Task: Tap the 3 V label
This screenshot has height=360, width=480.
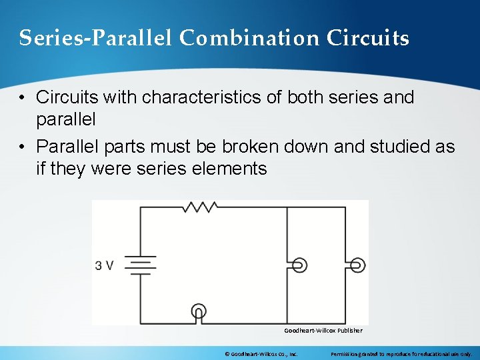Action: [105, 266]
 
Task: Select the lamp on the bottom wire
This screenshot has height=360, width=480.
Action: [198, 311]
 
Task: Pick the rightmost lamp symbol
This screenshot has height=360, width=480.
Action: [358, 265]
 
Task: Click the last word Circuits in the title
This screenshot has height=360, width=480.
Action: [368, 39]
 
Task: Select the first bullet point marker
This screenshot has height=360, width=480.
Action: [23, 97]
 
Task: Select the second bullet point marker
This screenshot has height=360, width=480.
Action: [23, 146]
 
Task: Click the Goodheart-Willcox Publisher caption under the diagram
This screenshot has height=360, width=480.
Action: [323, 331]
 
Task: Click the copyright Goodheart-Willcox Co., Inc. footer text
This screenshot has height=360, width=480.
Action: [261, 353]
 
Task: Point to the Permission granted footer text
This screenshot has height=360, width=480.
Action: [401, 353]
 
